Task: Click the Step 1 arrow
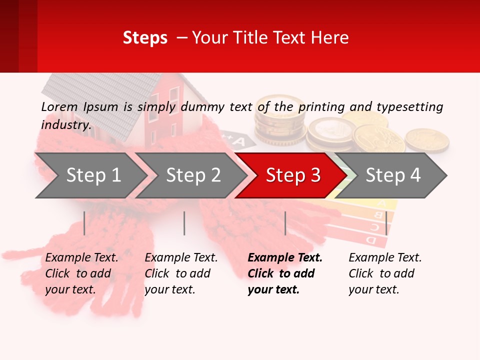click(x=90, y=175)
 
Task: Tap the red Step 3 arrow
click(x=292, y=175)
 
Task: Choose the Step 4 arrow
click(x=392, y=175)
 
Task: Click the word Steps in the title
click(x=145, y=37)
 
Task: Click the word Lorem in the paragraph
click(x=59, y=106)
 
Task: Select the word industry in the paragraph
click(x=65, y=124)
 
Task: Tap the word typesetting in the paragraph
click(x=409, y=106)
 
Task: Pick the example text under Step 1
click(x=81, y=273)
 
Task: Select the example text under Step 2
click(x=181, y=273)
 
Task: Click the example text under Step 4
click(x=385, y=273)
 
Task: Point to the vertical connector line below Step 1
click(x=84, y=223)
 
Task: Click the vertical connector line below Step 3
click(x=285, y=223)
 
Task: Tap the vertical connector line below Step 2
click(x=184, y=223)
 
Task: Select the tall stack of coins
click(x=279, y=120)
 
